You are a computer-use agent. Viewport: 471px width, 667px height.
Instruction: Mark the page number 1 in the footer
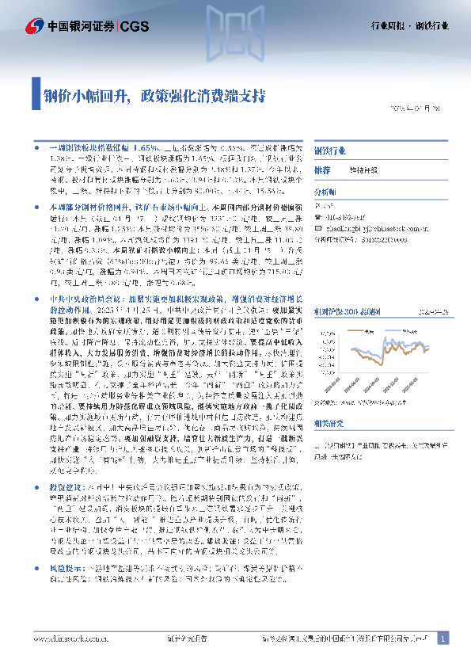pyautogui.click(x=443, y=638)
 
